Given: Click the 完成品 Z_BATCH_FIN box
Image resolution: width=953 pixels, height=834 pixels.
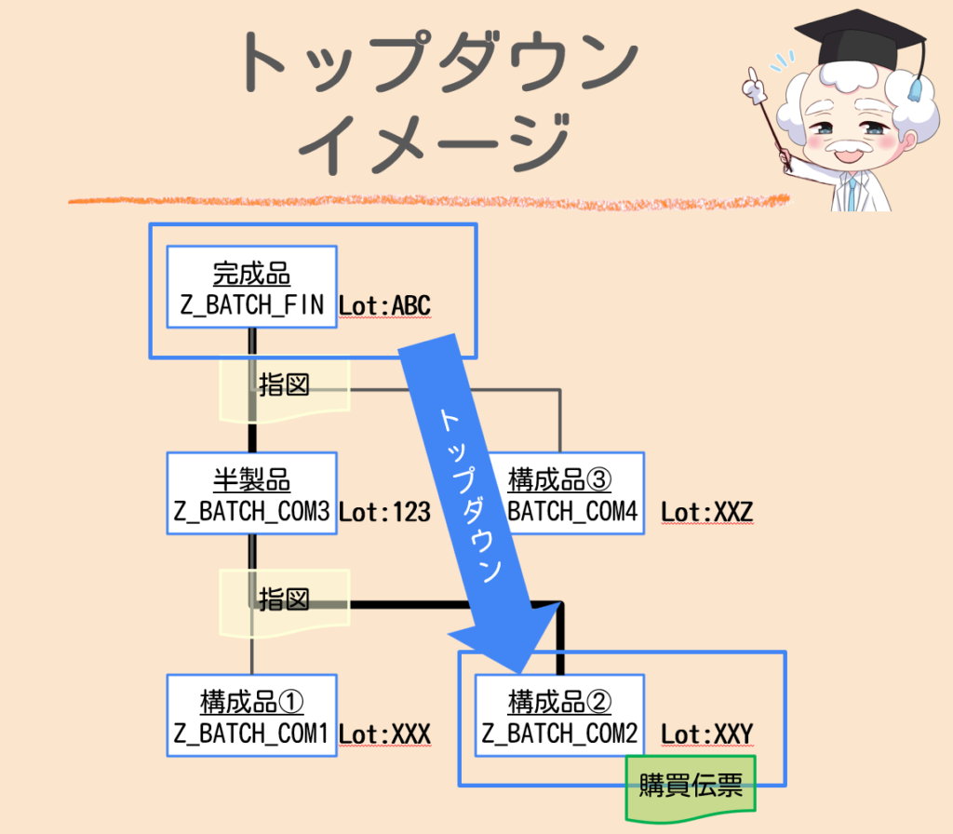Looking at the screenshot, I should pos(251,287).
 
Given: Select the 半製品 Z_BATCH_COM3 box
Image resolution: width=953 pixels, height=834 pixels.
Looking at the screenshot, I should pos(251,493).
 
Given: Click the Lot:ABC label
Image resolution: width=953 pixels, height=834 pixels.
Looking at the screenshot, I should pos(384,306).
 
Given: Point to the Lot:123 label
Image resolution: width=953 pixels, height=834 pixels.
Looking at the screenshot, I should pos(384,512).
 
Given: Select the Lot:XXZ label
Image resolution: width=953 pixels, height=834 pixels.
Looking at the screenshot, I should pos(706,512).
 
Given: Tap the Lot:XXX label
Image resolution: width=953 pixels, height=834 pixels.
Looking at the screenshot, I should pos(384,734).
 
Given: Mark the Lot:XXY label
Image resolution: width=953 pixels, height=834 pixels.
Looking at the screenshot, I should pos(706,734).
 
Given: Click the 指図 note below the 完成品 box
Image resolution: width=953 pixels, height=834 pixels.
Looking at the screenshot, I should pos(284,385).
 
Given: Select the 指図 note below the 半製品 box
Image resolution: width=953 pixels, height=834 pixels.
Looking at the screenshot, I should pos(284,599).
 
